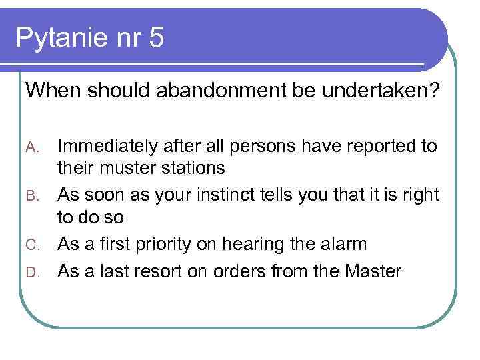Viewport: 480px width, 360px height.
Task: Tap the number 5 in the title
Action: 156,38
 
